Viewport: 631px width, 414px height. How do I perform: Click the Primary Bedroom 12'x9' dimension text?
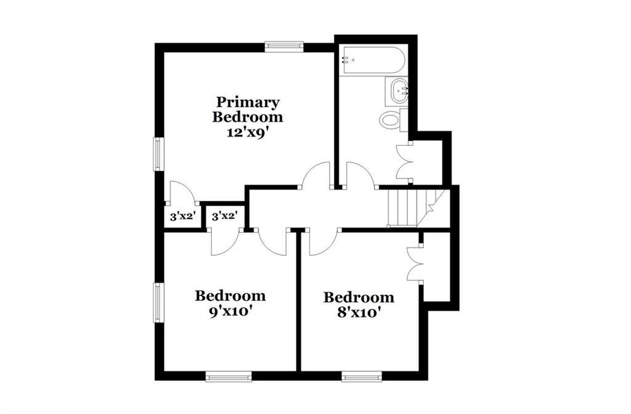[248, 132]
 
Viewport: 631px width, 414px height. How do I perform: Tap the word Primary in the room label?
[248, 102]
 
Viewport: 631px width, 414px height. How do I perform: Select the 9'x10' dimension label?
[230, 312]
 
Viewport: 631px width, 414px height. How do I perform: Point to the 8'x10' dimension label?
[359, 312]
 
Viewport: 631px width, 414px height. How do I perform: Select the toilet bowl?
[390, 120]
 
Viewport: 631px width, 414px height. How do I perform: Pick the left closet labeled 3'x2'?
[183, 217]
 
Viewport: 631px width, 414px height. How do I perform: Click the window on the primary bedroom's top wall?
[283, 47]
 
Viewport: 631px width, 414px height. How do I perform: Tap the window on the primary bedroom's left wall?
[158, 154]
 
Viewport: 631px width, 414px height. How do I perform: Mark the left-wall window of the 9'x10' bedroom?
[158, 303]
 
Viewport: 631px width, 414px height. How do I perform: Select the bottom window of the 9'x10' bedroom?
[229, 376]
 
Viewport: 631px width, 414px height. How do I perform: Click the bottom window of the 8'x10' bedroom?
[362, 376]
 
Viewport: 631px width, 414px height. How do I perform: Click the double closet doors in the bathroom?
[404, 162]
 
